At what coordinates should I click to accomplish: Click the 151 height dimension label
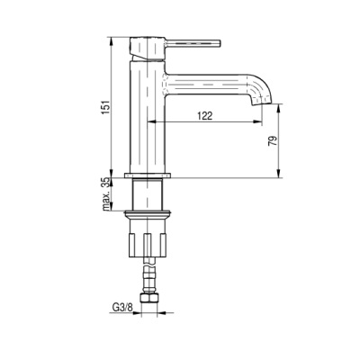(105, 107)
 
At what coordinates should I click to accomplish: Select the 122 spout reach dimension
(205, 116)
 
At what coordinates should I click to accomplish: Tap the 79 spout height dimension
(272, 140)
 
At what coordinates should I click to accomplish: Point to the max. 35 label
(105, 194)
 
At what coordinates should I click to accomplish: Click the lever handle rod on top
(193, 43)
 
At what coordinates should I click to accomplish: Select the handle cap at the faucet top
(148, 49)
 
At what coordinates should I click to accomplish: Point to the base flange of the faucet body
(148, 175)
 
